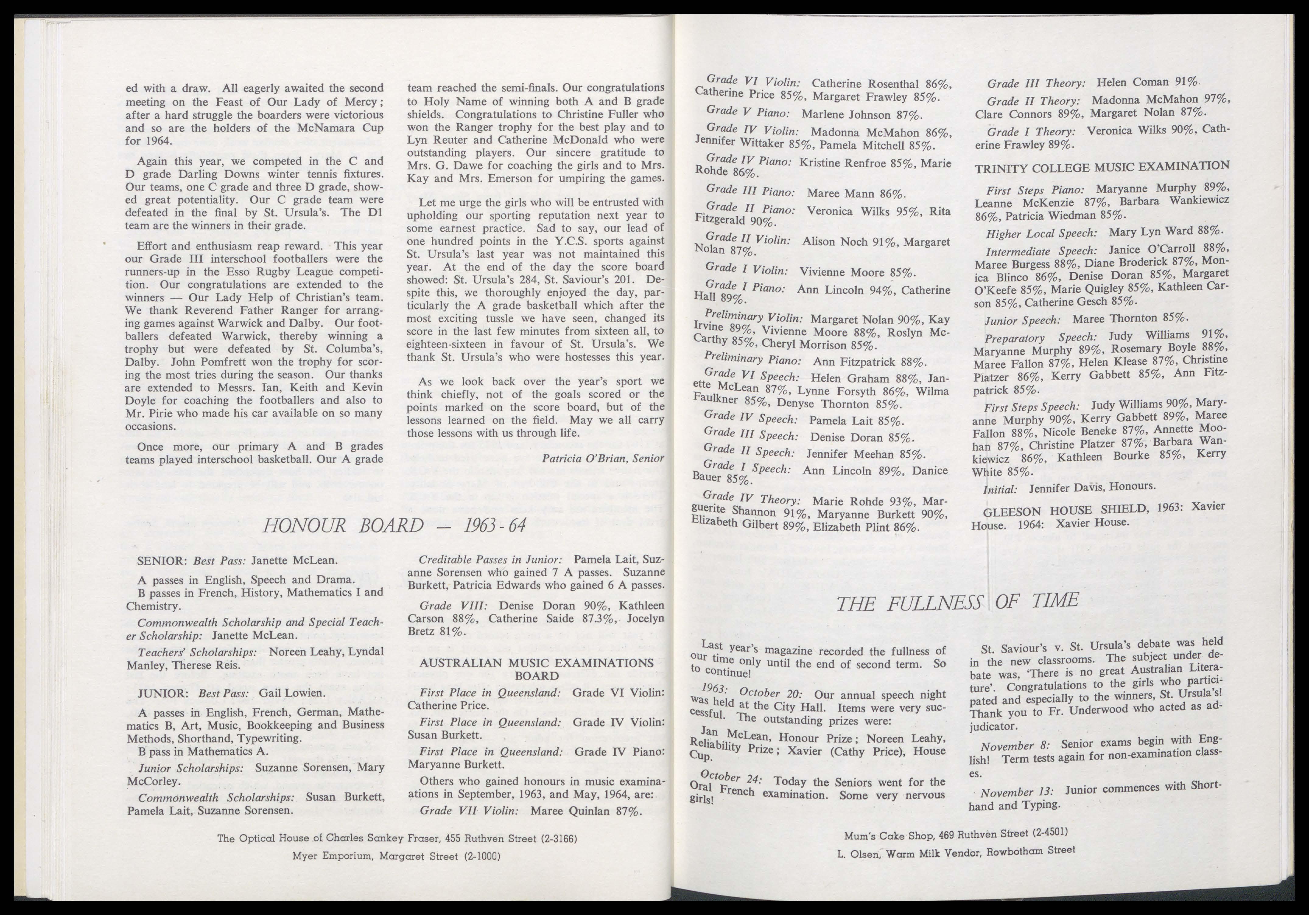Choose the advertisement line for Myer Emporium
[396, 856]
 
